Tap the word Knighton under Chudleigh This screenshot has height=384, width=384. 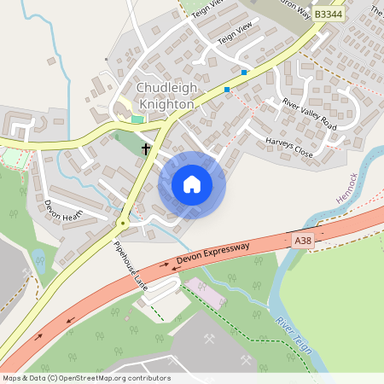[166, 103]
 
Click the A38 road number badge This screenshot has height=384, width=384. [302, 241]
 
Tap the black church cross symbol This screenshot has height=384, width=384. [146, 149]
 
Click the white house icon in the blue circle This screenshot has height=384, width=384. [192, 184]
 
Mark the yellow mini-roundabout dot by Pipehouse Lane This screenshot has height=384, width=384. [123, 224]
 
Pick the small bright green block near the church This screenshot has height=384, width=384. [137, 119]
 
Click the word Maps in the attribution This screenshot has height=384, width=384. [12, 378]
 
